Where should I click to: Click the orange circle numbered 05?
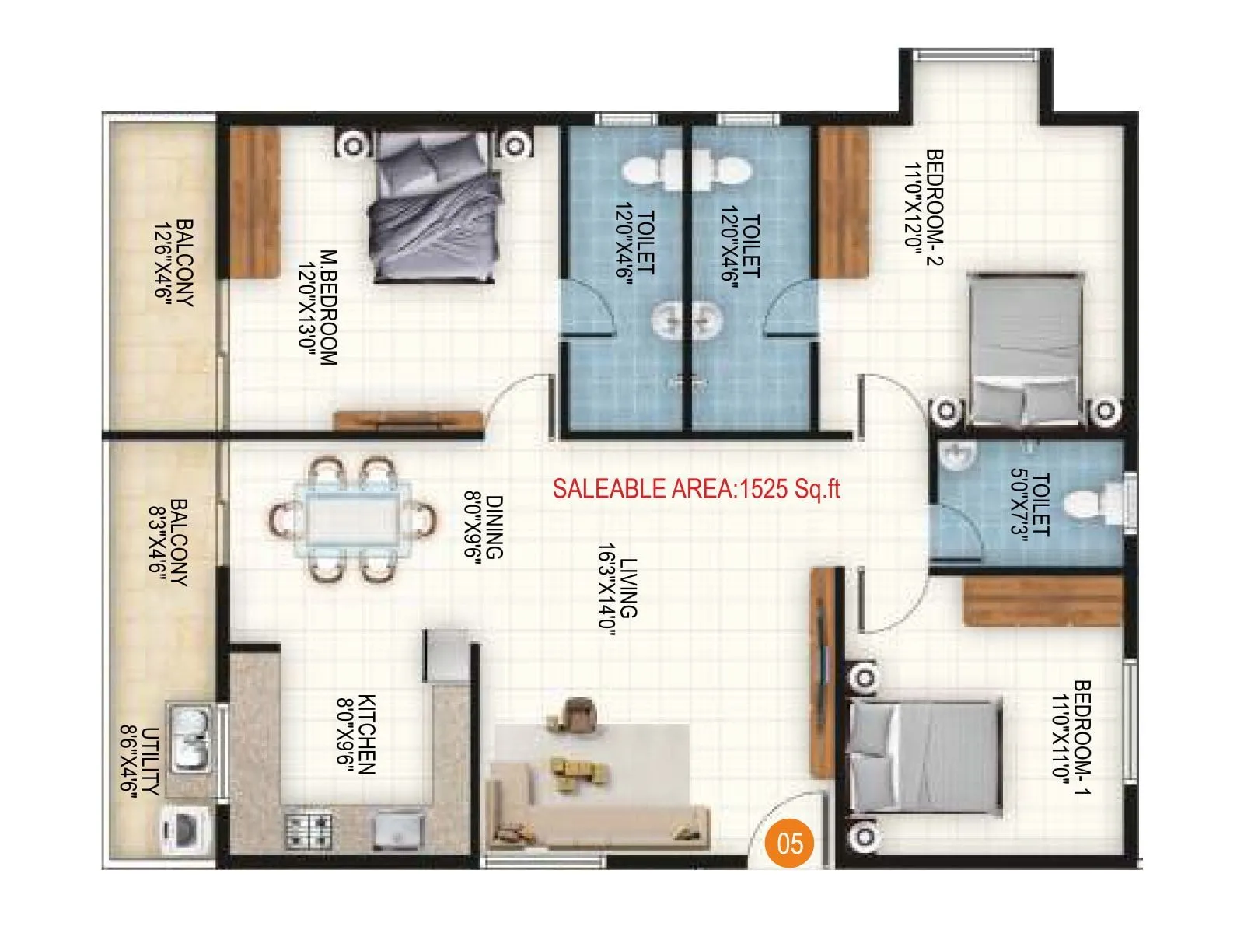(790, 843)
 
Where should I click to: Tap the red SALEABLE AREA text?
(697, 488)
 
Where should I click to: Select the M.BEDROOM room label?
(319, 307)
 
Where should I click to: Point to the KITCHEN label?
(356, 735)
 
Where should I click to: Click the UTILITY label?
(140, 760)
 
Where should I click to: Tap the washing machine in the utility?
(183, 831)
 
